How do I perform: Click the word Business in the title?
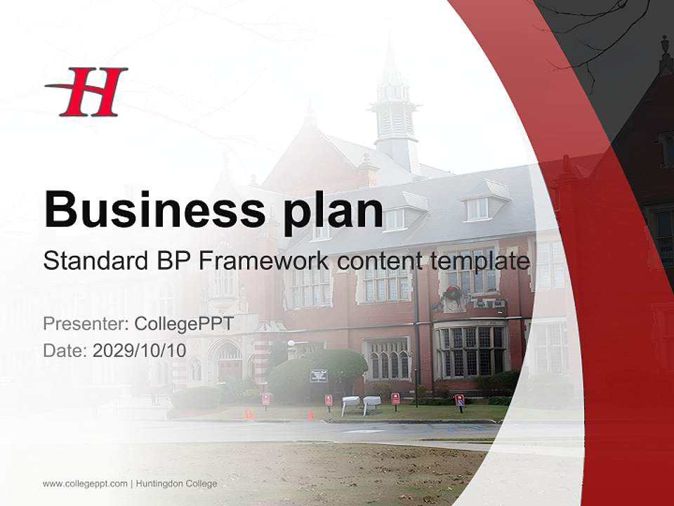pyautogui.click(x=149, y=209)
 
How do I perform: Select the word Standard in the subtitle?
pyautogui.click(x=93, y=261)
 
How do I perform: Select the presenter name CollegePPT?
pyautogui.click(x=184, y=324)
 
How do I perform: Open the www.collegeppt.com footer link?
pyautogui.click(x=85, y=484)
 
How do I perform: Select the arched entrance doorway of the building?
pyautogui.click(x=229, y=363)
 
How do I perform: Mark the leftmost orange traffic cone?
pyautogui.click(x=245, y=415)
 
